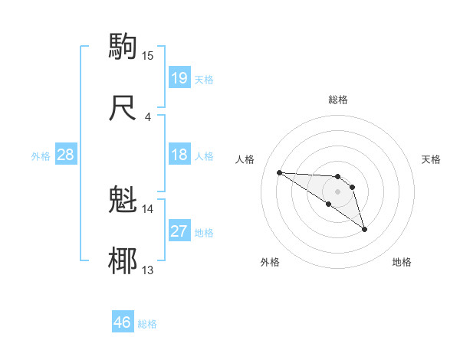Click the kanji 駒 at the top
123,47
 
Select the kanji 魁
123,200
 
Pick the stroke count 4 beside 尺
148,116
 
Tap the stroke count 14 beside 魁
148,208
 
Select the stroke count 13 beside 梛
148,270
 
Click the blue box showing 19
179,78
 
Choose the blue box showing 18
179,155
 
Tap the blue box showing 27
179,232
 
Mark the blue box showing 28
65,155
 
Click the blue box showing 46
122,322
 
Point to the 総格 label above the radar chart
337,100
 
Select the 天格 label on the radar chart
431,159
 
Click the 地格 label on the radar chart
402,262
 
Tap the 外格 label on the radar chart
270,262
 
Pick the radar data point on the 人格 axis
279,172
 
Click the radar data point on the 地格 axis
364,229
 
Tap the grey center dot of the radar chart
337,191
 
